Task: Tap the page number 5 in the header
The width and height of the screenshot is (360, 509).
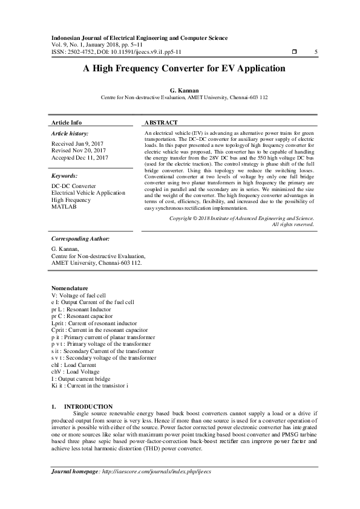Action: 316,52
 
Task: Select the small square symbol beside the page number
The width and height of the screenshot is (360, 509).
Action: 294,52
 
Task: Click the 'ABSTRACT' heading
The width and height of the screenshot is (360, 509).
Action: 161,122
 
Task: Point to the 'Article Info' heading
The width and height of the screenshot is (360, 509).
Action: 67,122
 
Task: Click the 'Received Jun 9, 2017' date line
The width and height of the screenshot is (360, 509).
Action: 77,143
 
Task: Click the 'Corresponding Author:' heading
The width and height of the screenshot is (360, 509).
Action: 80,239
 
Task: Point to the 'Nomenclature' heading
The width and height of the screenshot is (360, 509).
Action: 70,288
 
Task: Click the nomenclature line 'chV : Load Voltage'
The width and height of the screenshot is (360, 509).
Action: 75,372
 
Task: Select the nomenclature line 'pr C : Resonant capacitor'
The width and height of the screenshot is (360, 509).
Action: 82,316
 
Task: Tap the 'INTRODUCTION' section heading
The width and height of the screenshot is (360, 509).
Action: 88,406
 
